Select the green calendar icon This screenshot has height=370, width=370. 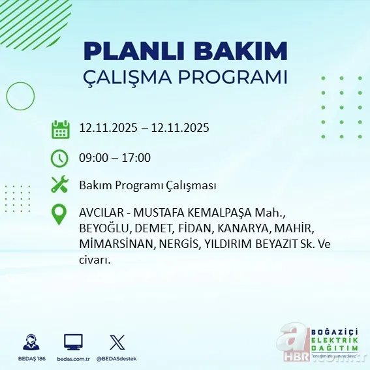coord(60,129)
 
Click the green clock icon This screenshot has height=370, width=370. coord(60,157)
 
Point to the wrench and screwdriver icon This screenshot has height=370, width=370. coord(60,185)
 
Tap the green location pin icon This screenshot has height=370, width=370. coord(60,215)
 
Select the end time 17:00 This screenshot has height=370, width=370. coord(137,157)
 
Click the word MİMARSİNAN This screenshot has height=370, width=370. coord(109,245)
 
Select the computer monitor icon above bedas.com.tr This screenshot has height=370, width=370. coord(73,342)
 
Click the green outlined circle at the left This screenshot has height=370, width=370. coord(20,97)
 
